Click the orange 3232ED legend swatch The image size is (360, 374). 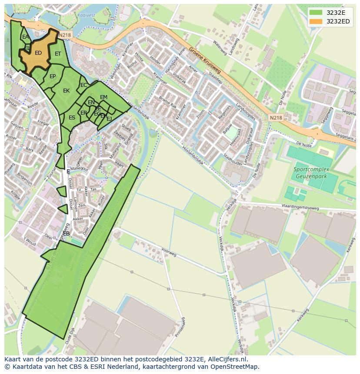click(316, 21)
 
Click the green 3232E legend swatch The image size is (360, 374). click(316, 12)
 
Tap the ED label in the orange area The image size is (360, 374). click(38, 53)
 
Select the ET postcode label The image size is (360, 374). click(58, 54)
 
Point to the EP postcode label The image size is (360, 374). click(53, 76)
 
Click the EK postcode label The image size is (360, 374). click(66, 91)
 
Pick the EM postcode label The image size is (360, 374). click(103, 97)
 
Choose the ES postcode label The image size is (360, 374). click(72, 118)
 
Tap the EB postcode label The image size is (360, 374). click(66, 234)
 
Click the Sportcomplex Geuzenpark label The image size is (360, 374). click(311, 172)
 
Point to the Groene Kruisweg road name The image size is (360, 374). click(205, 61)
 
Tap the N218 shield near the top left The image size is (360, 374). click(64, 35)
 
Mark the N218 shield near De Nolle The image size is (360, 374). click(275, 118)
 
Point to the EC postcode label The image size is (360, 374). click(83, 85)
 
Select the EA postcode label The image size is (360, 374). click(25, 37)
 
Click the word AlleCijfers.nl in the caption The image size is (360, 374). click(227, 359)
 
